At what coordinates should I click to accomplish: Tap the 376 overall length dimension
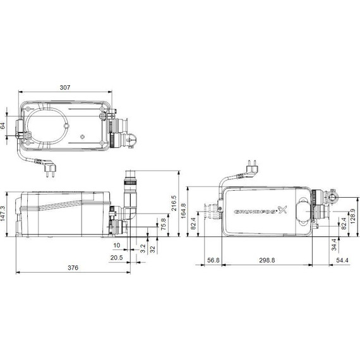[73, 268]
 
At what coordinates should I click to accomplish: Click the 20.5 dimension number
[116, 258]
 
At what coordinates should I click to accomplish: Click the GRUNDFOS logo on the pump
[256, 213]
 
